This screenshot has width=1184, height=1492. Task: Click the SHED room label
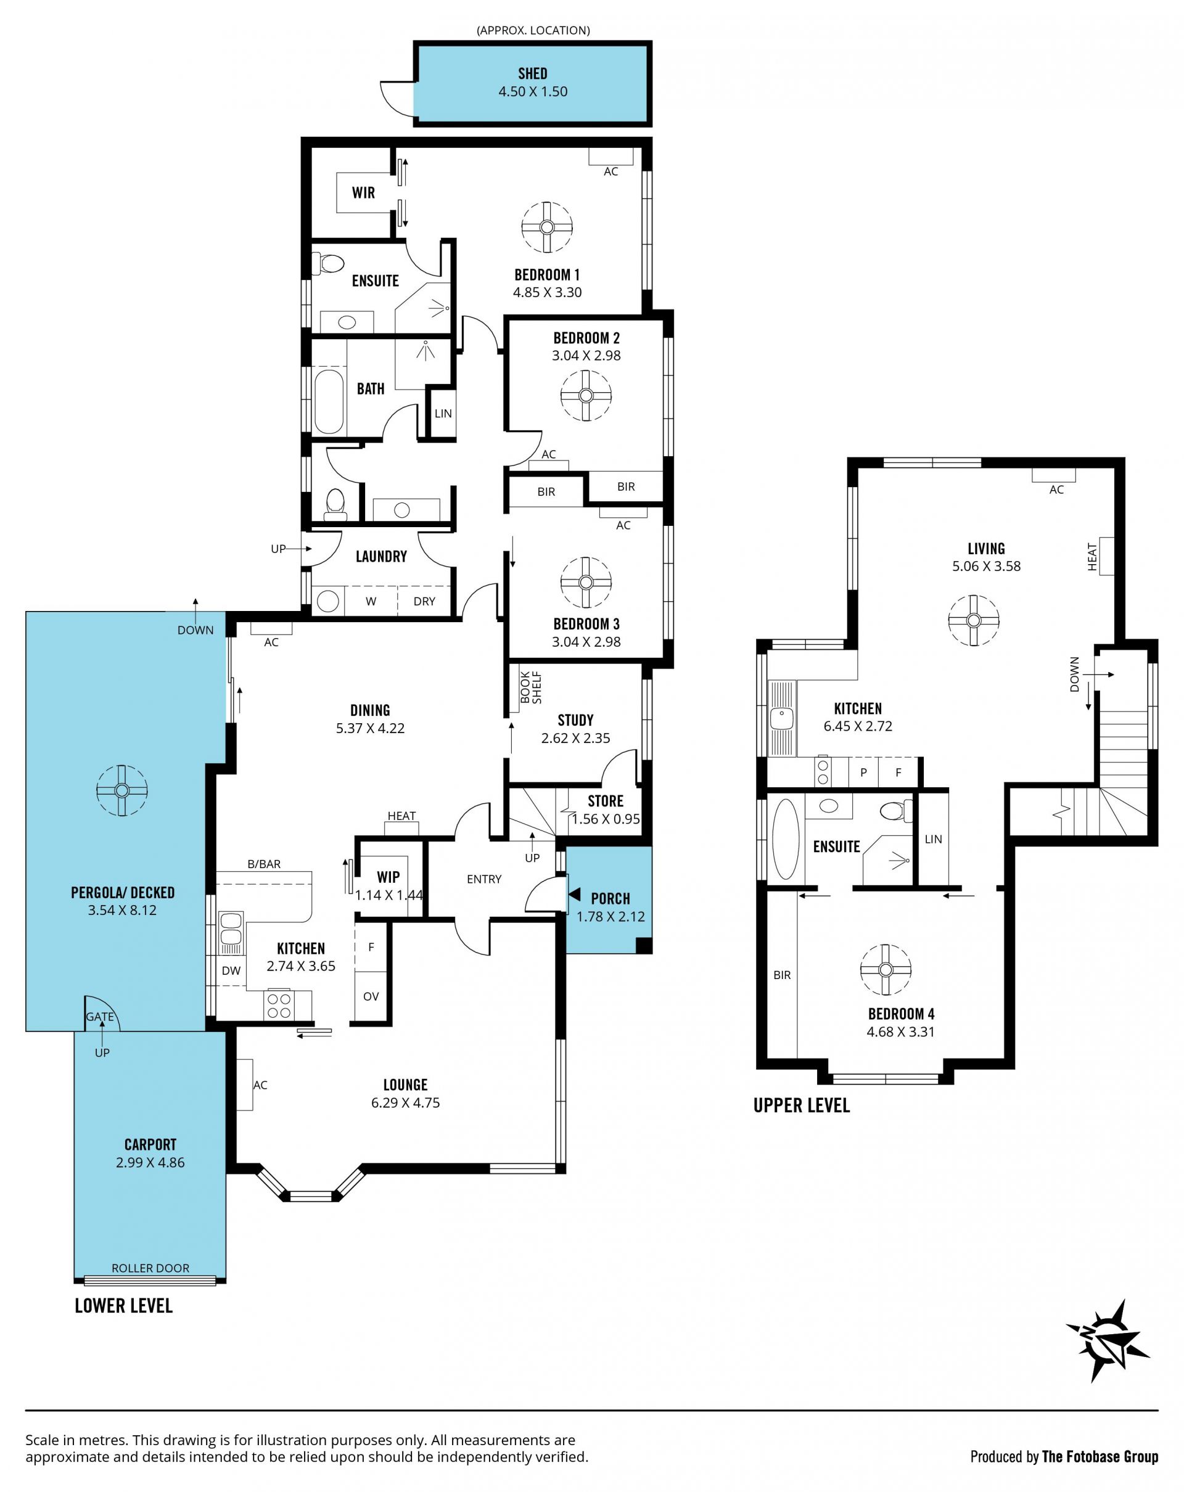click(532, 73)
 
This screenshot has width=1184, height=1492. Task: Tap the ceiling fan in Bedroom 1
click(546, 227)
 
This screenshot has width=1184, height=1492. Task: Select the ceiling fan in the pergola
click(121, 790)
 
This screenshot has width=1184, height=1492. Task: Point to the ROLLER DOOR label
click(150, 1268)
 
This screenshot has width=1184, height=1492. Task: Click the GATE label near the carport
click(100, 1017)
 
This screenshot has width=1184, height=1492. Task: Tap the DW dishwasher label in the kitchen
click(231, 970)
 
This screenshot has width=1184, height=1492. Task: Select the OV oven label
click(371, 996)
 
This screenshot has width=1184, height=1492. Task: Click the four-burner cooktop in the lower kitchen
click(279, 1006)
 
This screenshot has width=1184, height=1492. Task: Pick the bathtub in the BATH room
click(329, 401)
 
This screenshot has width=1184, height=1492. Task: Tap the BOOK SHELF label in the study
click(531, 687)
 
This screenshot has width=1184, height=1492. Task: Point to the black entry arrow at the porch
click(574, 895)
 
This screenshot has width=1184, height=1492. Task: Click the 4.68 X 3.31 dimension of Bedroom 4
click(900, 1032)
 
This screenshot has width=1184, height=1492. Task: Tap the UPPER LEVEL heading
click(801, 1105)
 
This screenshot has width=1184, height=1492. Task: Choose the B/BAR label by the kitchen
click(265, 864)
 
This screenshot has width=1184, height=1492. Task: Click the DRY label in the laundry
click(424, 601)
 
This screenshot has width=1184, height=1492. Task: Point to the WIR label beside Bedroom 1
click(363, 192)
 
